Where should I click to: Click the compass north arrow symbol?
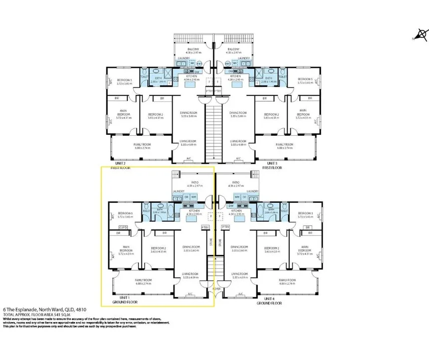pyautogui.click(x=422, y=35)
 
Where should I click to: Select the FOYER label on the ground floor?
pyautogui.click(x=216, y=288)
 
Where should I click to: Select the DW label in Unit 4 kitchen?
pyautogui.click(x=231, y=206)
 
